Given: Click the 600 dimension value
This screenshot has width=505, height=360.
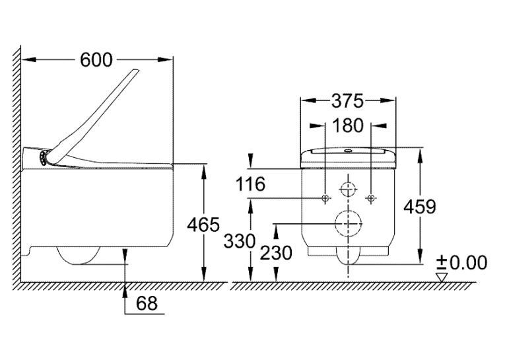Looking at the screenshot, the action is coord(96,59).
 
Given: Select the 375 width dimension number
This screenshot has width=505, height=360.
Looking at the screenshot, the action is coord(347,101).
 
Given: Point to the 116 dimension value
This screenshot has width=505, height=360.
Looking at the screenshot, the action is coord(250,184).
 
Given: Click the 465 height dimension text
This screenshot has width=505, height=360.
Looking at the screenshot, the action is coord(203,225).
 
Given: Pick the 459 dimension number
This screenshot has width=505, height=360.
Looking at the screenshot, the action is coord(420,207).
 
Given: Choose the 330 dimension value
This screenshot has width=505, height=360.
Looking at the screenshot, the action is coord(240,240).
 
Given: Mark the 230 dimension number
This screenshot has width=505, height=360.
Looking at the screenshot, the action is coord(276,253).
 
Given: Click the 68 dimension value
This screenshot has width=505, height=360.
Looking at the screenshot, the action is coord(147,303).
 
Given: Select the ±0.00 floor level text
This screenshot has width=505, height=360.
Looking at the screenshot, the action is coord(462,262).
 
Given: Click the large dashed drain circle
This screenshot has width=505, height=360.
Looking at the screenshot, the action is coord(349,224).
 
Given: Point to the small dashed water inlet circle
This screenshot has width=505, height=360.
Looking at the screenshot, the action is coord(348,189).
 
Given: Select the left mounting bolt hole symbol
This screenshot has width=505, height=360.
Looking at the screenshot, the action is coord(325,198).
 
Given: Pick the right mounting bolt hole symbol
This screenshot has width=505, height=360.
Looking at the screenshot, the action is coord(371,198).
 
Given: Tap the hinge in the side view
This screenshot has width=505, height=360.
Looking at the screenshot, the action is coord(43,158).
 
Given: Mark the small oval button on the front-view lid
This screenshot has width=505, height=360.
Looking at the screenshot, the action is coord(348,150).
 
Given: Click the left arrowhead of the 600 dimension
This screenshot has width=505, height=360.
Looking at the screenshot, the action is coord(28,59).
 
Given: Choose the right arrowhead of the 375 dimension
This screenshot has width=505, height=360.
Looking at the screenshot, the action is coord(387,100).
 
